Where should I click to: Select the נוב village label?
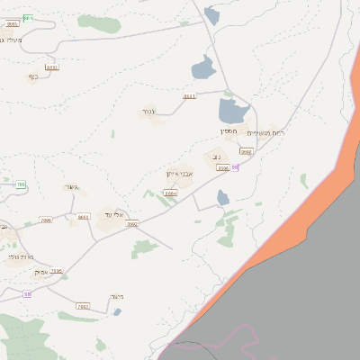click(216, 156)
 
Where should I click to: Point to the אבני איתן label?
click(180, 174)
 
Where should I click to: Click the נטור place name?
click(149, 112)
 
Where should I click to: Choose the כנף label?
click(33, 76)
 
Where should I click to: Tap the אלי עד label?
click(113, 213)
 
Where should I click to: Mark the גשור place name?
click(72, 187)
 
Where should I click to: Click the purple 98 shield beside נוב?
click(235, 167)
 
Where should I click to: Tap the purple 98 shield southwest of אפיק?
click(27, 293)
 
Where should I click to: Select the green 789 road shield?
click(20, 184)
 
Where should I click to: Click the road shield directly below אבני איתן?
click(171, 193)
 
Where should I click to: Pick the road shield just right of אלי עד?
click(132, 223)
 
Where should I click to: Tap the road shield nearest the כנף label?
click(52, 67)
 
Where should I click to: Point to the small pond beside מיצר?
click(117, 312)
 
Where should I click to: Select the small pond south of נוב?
click(223, 197)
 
